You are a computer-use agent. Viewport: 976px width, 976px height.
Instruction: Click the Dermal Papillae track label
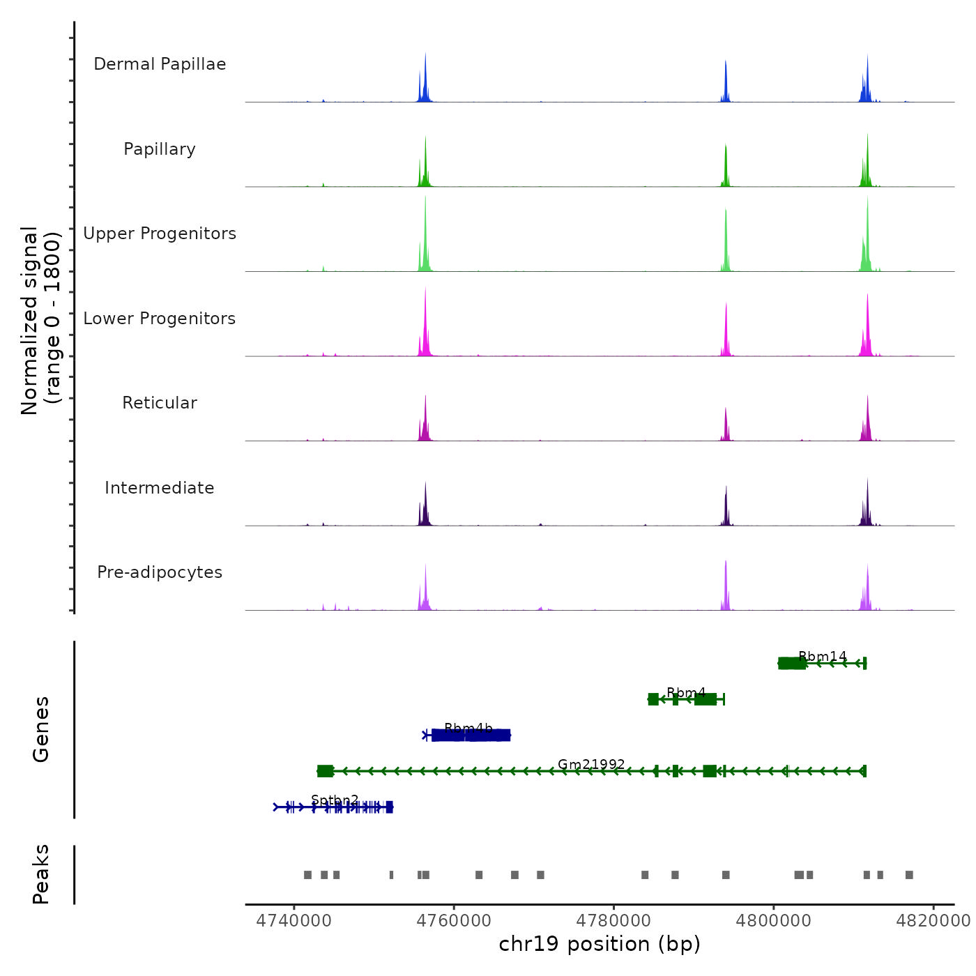click(x=160, y=64)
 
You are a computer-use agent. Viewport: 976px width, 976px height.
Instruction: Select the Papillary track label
click(x=160, y=149)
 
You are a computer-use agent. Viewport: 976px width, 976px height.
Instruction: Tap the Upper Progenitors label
click(x=160, y=234)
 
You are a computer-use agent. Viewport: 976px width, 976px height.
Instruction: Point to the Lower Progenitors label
click(x=160, y=319)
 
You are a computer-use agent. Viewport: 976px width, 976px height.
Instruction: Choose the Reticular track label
click(x=160, y=403)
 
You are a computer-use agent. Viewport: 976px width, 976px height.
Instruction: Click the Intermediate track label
click(x=160, y=488)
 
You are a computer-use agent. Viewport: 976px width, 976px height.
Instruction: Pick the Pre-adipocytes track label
click(x=160, y=572)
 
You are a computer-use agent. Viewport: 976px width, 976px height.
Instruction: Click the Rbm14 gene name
click(x=823, y=657)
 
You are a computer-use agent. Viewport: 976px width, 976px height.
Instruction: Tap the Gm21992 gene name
click(x=591, y=765)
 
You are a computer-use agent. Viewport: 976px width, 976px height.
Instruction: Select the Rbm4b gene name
click(x=468, y=729)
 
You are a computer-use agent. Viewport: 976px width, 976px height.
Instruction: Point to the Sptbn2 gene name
click(x=335, y=800)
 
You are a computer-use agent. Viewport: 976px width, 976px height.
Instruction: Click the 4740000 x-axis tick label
click(x=294, y=921)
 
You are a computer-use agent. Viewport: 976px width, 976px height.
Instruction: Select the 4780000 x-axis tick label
click(x=613, y=921)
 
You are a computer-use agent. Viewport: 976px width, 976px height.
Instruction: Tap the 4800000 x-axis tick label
click(x=774, y=921)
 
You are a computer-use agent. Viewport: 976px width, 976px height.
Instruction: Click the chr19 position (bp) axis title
click(x=600, y=944)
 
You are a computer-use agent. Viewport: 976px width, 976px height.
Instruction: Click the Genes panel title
click(x=41, y=729)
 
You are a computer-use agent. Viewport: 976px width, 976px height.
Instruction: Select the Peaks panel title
click(x=41, y=874)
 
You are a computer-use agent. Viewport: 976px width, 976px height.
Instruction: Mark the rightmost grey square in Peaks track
click(x=909, y=875)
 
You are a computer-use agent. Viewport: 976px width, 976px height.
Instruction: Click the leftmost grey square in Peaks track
click(x=307, y=875)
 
